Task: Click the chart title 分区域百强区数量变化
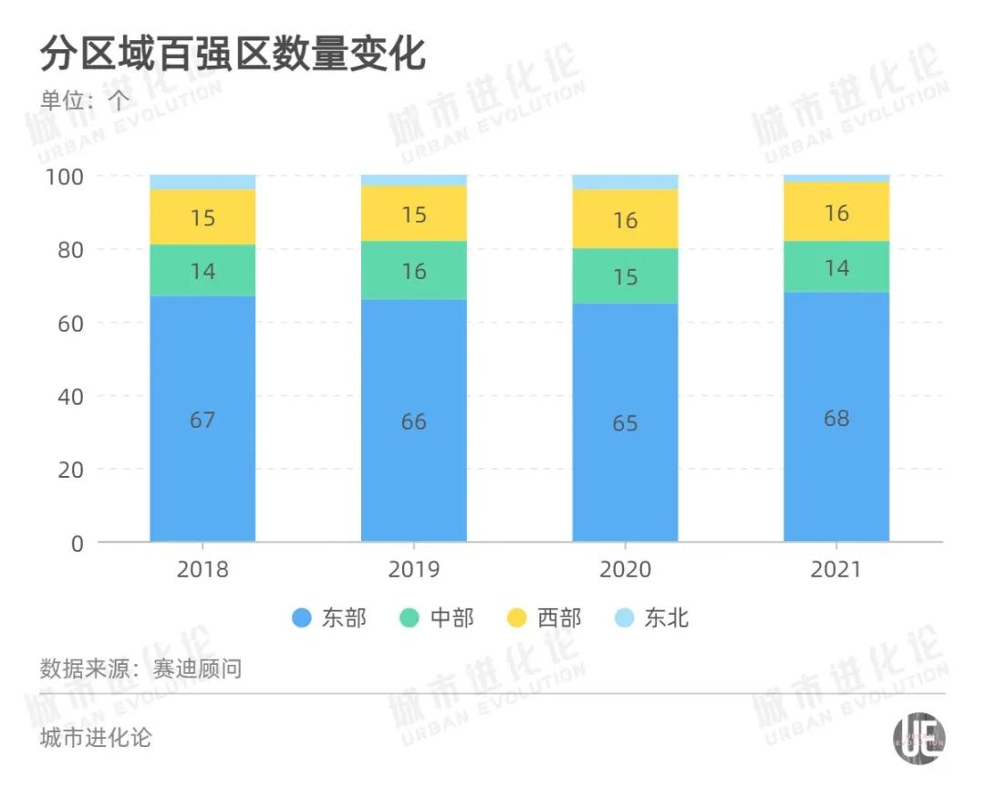tap(233, 55)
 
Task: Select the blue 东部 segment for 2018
tap(202, 419)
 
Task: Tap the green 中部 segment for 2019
tap(414, 271)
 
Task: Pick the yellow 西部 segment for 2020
tap(626, 219)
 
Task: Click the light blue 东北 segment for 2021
tap(836, 178)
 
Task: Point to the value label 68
tap(836, 419)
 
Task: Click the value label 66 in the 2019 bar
tap(414, 421)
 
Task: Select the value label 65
tap(626, 423)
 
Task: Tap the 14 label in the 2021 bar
tap(836, 268)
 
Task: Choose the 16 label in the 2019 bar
tap(414, 272)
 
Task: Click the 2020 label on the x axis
tap(626, 570)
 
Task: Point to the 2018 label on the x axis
tap(202, 570)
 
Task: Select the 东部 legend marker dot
tap(302, 618)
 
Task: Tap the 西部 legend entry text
tap(559, 618)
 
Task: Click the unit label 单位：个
tap(85, 98)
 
